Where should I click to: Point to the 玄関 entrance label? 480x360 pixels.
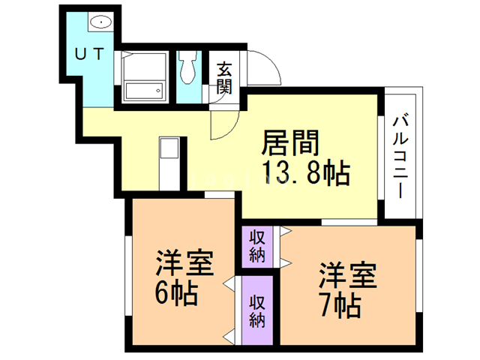pyautogui.click(x=223, y=77)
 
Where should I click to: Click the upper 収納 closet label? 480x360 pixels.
pyautogui.click(x=258, y=245)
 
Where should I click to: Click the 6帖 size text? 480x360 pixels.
pyautogui.click(x=177, y=293)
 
